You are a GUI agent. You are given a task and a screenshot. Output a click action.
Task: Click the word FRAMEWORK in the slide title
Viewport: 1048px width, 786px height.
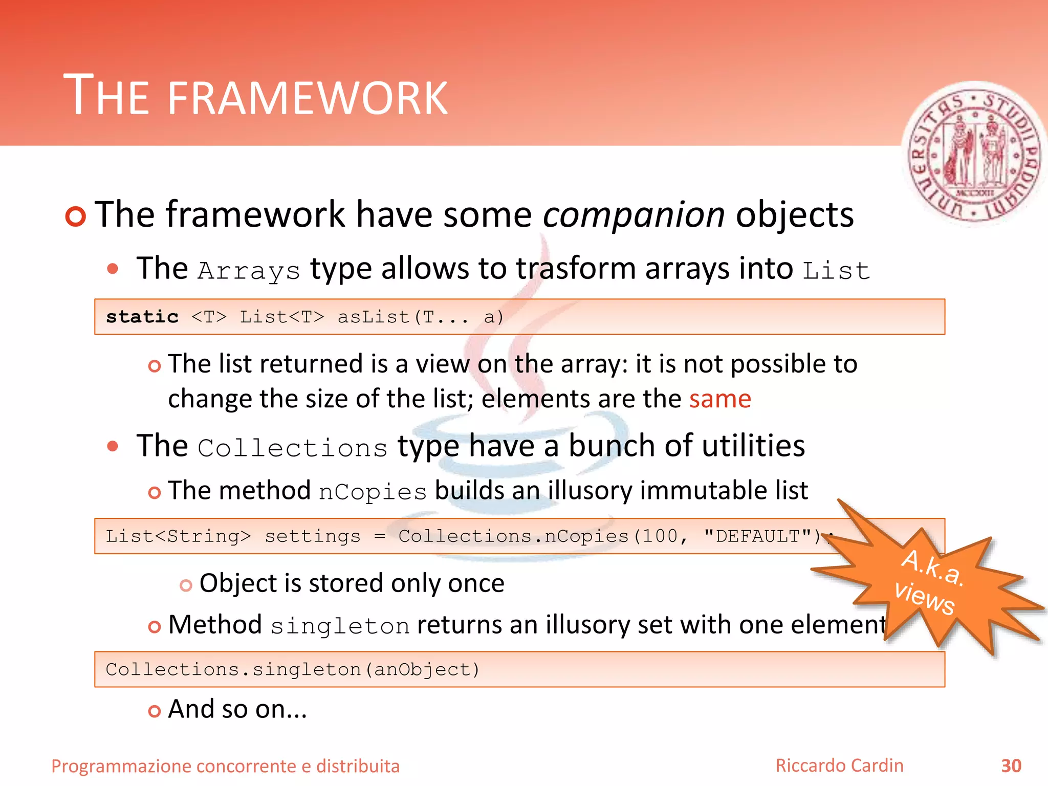[307, 98]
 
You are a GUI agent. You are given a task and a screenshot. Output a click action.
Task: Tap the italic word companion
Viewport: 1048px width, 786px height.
[634, 215]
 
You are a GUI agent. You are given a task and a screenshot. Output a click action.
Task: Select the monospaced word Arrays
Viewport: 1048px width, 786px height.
[249, 271]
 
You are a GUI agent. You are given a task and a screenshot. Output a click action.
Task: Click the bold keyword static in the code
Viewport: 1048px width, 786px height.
[142, 317]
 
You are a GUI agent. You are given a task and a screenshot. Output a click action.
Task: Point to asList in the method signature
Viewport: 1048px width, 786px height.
[374, 317]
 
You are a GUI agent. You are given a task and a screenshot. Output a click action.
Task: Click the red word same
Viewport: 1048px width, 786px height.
[719, 399]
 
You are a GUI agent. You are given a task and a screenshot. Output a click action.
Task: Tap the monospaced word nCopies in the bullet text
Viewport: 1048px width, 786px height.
[373, 492]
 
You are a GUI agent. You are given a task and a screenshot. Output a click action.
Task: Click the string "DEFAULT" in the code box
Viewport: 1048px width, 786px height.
[757, 536]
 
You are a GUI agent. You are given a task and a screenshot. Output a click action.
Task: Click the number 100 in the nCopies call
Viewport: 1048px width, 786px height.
[660, 536]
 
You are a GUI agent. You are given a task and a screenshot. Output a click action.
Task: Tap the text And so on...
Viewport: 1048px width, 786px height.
[237, 709]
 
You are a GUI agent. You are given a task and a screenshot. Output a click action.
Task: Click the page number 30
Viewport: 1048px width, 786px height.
[1011, 766]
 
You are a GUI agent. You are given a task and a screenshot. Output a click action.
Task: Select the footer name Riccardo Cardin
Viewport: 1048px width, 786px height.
[839, 766]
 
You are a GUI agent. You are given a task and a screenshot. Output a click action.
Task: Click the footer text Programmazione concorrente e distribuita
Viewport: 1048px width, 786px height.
[225, 766]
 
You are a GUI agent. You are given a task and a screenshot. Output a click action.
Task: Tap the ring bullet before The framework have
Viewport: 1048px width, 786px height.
[76, 216]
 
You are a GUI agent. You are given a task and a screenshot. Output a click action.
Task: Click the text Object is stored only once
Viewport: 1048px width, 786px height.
[352, 583]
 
